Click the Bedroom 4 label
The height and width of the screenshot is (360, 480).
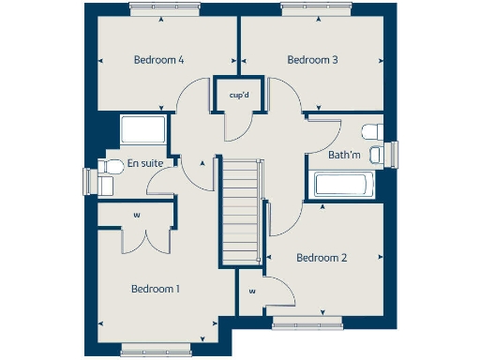[x=157, y=60]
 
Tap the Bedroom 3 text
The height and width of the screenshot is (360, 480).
[x=312, y=60]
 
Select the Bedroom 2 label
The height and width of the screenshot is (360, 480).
[x=322, y=257]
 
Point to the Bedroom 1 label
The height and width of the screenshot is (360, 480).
[x=156, y=288]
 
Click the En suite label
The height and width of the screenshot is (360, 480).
[x=145, y=163]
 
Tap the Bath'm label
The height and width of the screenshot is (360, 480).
[x=344, y=154]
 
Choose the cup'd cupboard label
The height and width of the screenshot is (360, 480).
[x=237, y=94]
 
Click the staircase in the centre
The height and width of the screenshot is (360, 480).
[x=241, y=212]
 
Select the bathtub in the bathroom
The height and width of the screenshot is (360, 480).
[x=344, y=184]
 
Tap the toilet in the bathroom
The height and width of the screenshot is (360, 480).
[x=372, y=129]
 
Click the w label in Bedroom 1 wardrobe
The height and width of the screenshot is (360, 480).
[x=136, y=215]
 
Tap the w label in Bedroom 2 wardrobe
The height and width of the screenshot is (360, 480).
[x=252, y=292]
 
